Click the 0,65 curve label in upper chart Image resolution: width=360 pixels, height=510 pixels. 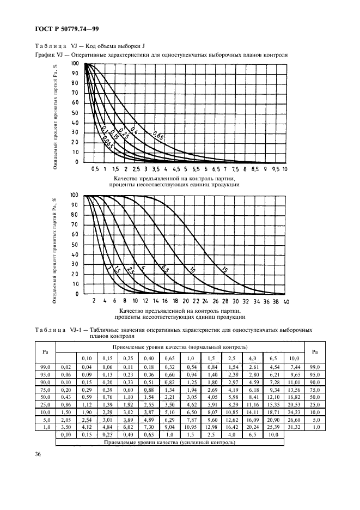[x=158, y=135]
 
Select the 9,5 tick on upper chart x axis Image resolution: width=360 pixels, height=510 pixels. [x=275, y=169]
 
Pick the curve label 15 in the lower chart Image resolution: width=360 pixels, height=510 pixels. [x=224, y=269]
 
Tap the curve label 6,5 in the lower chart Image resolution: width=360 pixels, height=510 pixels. [x=164, y=269]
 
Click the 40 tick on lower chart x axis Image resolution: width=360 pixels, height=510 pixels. [x=286, y=301]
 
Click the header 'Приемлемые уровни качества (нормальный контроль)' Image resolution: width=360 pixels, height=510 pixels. [x=180, y=347]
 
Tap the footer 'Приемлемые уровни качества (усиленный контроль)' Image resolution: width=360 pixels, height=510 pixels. [x=170, y=442]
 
